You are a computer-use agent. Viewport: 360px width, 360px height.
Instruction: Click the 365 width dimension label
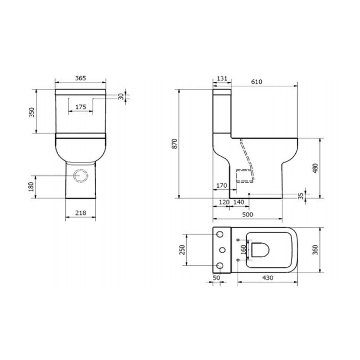click(x=81, y=78)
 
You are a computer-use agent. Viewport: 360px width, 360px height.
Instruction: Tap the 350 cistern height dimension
click(x=31, y=112)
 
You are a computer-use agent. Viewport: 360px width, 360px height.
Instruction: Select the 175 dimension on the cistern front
click(x=81, y=107)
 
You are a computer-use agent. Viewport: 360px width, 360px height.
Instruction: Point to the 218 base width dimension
click(x=81, y=213)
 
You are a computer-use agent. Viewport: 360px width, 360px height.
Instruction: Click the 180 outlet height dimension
click(x=31, y=187)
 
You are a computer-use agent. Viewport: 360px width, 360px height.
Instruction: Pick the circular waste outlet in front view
click(x=81, y=176)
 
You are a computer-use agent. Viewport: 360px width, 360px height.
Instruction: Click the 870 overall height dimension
click(x=175, y=143)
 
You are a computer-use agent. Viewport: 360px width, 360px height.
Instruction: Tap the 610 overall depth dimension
click(x=257, y=82)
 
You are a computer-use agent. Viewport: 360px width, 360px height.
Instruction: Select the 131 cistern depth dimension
click(x=222, y=79)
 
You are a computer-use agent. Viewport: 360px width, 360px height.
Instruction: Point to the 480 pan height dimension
click(x=316, y=168)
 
